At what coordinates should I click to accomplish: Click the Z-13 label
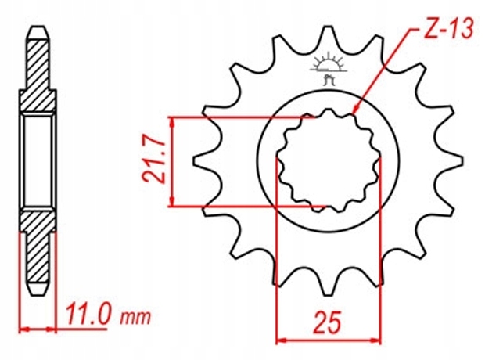[447, 31]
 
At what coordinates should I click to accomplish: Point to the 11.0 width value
[88, 317]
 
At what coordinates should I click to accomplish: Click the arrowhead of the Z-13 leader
[355, 112]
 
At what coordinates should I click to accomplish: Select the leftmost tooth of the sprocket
[199, 162]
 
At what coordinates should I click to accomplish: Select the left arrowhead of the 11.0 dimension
[23, 326]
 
